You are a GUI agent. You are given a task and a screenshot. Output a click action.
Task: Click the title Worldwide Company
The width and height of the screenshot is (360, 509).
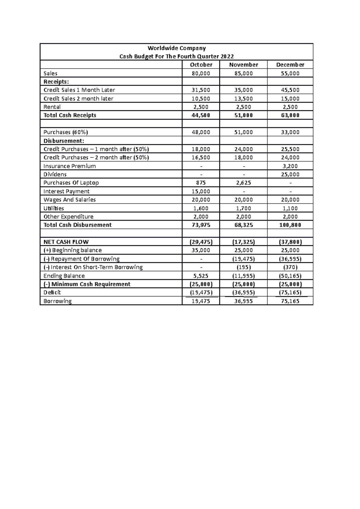click(x=176, y=48)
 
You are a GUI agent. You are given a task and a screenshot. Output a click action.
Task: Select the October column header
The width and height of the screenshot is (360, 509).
click(x=201, y=65)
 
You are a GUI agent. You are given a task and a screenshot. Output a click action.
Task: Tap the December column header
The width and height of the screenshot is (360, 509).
click(x=290, y=65)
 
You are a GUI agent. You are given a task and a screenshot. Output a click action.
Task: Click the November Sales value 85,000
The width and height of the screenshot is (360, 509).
click(x=243, y=73)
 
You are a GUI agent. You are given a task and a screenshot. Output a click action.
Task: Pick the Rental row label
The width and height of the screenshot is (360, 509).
click(x=52, y=107)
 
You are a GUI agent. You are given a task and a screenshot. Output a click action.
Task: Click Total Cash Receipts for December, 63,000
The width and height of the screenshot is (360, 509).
click(x=290, y=115)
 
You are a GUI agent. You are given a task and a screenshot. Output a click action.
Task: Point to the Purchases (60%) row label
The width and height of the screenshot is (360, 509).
click(x=65, y=132)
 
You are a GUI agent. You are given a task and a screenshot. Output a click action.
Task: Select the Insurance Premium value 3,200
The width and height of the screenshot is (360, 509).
click(x=290, y=166)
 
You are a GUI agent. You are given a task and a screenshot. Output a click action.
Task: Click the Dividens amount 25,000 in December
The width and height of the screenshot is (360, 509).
click(x=290, y=174)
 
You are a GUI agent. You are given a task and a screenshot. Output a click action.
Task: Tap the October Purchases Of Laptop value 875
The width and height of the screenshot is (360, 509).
click(x=201, y=183)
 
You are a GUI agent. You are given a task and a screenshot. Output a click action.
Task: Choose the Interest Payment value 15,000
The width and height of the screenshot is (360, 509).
click(x=201, y=192)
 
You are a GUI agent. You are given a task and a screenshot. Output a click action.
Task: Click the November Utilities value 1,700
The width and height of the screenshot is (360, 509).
click(x=243, y=208)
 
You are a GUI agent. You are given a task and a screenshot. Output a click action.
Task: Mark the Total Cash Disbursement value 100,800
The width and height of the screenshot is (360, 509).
click(x=290, y=225)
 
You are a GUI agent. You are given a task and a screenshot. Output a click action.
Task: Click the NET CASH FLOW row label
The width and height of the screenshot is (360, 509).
click(x=66, y=242)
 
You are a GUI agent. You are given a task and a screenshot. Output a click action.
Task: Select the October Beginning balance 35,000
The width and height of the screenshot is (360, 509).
click(x=201, y=250)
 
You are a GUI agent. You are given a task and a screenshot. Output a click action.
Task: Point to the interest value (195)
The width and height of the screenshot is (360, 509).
click(x=243, y=267)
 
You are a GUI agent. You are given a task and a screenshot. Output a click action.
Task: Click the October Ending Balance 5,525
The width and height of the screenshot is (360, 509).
click(x=201, y=276)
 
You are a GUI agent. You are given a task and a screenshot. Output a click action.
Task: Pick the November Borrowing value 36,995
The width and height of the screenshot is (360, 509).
click(x=243, y=301)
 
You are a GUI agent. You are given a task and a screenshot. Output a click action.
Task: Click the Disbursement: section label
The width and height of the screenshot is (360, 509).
click(x=64, y=141)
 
